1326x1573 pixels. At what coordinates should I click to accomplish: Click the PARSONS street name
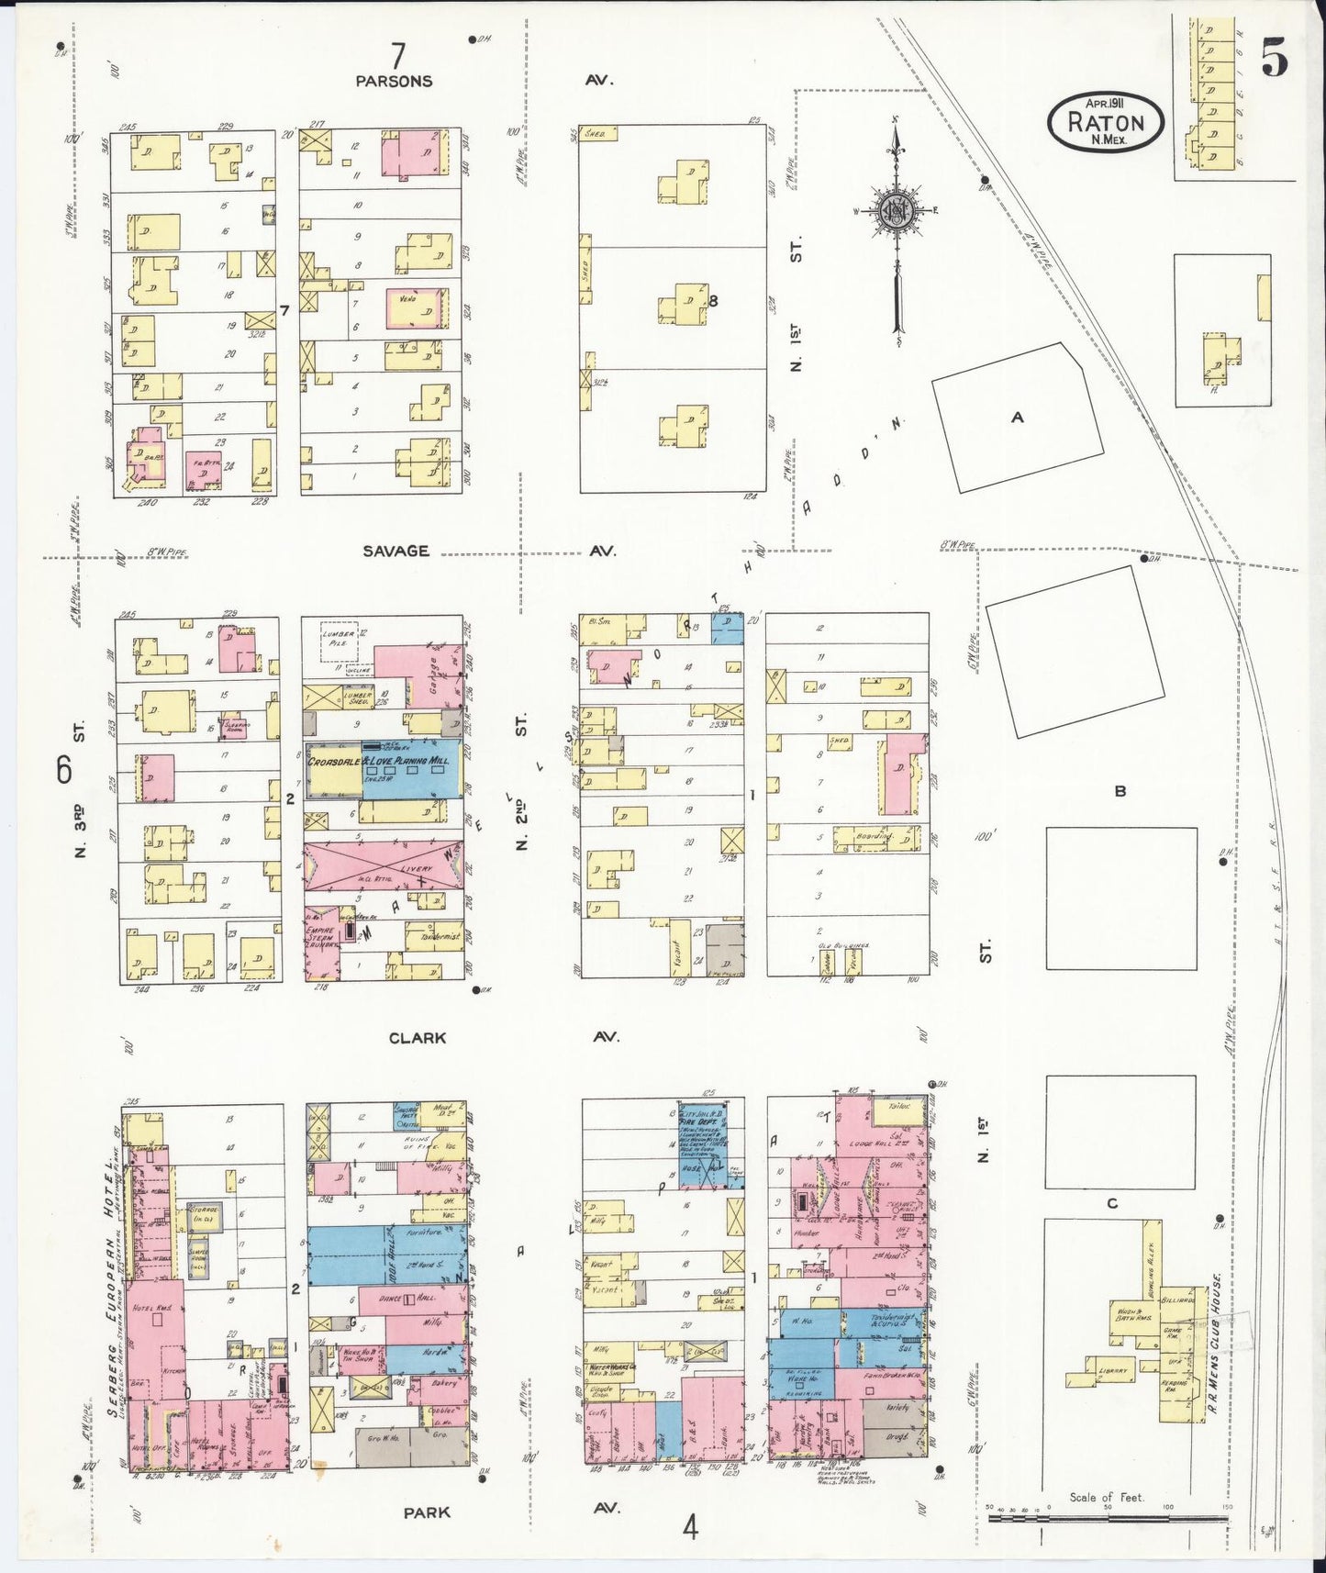(394, 81)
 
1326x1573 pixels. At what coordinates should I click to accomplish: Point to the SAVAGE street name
(395, 551)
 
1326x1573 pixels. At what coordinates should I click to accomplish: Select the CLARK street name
(418, 1037)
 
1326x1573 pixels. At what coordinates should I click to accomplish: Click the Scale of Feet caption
(1106, 1498)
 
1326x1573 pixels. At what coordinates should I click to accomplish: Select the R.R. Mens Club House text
(1220, 1339)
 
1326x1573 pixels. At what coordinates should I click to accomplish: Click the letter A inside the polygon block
(1017, 418)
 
